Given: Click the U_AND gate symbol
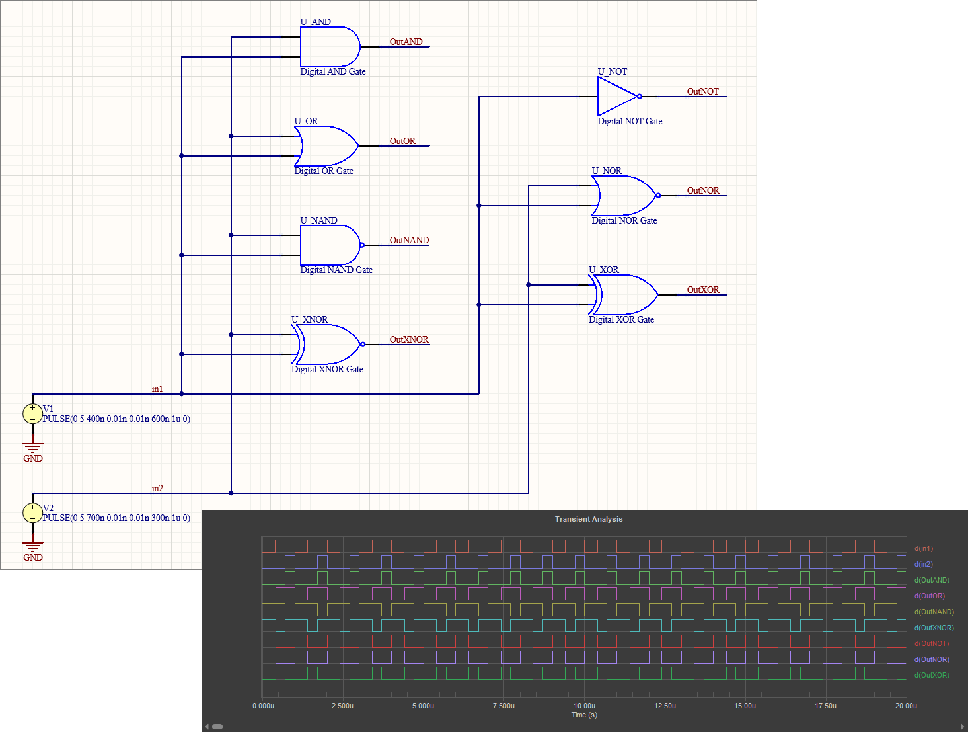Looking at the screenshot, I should [x=329, y=47].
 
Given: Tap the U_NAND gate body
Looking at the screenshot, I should [x=329, y=245].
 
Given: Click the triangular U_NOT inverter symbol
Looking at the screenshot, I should [x=616, y=97].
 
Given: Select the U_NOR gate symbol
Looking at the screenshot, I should [x=624, y=196].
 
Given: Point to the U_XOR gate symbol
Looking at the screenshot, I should [x=625, y=295].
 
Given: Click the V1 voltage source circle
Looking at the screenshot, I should [x=32, y=414].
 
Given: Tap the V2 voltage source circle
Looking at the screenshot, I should [x=32, y=513].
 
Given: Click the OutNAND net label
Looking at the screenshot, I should [x=409, y=240].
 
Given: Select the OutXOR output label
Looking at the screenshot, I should [x=703, y=290].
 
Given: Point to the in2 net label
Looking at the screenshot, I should [x=157, y=489].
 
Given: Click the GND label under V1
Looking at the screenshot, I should [x=33, y=458].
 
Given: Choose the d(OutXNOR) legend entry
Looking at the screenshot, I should [x=934, y=628].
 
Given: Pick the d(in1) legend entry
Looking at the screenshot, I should [x=924, y=548].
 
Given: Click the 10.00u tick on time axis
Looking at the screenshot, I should [x=584, y=706].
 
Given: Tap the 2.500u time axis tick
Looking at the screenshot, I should [x=342, y=706].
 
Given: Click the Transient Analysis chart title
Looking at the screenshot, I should [x=589, y=519].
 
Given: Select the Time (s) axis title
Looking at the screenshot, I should [x=584, y=715].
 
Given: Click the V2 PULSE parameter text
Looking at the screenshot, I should [x=116, y=518].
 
